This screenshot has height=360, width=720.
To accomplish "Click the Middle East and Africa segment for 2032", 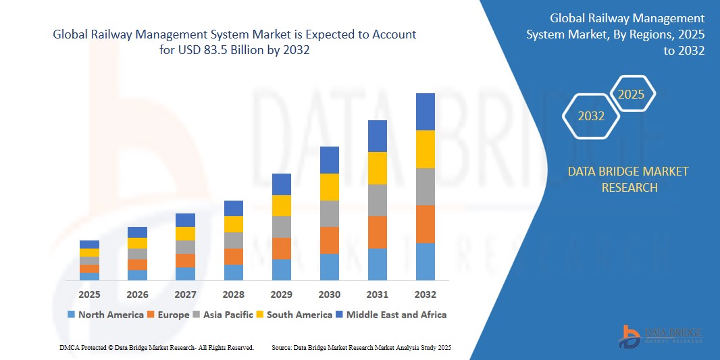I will pyautogui.click(x=425, y=111).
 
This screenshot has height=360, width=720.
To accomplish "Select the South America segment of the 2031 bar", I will pyautogui.click(x=377, y=168).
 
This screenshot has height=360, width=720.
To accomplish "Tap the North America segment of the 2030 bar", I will pyautogui.click(x=329, y=267).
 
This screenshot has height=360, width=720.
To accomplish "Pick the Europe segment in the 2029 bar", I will pyautogui.click(x=281, y=248).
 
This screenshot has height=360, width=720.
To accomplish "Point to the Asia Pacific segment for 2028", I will pyautogui.click(x=233, y=240).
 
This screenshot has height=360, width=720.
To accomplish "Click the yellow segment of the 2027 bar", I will pyautogui.click(x=185, y=234).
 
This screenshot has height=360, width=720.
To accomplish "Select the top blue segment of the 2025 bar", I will pyautogui.click(x=89, y=245).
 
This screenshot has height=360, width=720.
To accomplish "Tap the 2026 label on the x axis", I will pyautogui.click(x=137, y=294).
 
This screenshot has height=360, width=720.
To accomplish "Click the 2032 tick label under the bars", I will pyautogui.click(x=425, y=294).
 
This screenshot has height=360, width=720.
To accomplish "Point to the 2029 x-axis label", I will pyautogui.click(x=281, y=294).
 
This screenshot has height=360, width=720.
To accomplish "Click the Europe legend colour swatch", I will pyautogui.click(x=152, y=315).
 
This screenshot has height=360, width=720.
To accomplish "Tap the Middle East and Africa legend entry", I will pyautogui.click(x=391, y=315).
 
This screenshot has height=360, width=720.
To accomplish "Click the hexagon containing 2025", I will pyautogui.click(x=632, y=95).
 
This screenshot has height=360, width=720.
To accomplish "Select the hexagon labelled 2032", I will pyautogui.click(x=591, y=116).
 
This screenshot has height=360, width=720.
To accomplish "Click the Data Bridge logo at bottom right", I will pyautogui.click(x=661, y=336).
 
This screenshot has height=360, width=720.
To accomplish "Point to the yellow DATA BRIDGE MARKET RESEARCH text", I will pyautogui.click(x=627, y=179).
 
